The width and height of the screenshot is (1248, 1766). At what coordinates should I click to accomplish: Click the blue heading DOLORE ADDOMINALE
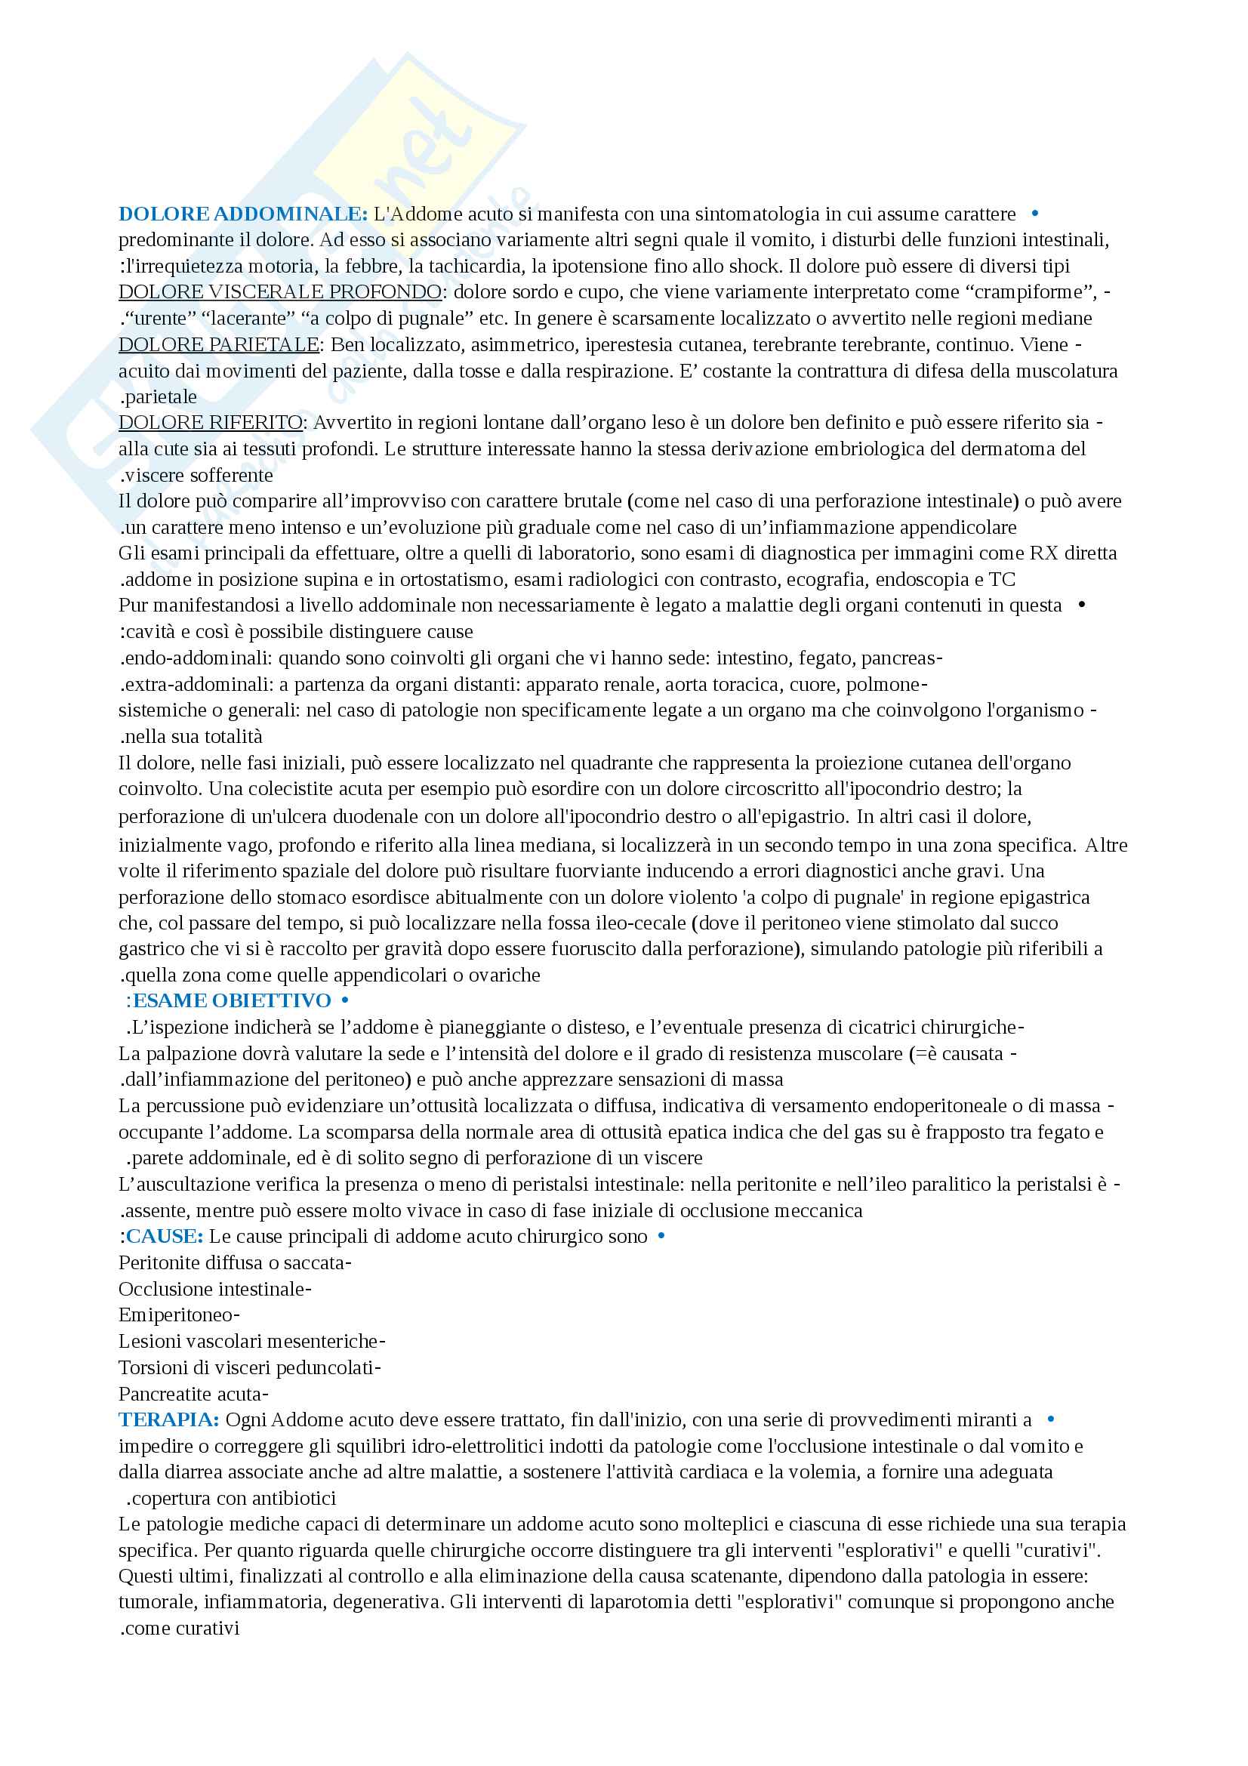click(x=243, y=214)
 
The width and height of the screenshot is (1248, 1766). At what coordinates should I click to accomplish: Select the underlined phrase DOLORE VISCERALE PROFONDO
click(x=280, y=292)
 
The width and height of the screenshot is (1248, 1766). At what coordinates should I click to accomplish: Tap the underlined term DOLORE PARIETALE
click(x=218, y=344)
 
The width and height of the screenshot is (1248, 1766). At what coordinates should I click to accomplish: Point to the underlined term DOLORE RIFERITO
click(x=211, y=422)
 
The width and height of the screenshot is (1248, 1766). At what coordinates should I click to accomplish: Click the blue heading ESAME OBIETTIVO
click(x=233, y=1000)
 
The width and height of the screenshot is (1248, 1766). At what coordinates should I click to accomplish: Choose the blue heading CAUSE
click(x=165, y=1236)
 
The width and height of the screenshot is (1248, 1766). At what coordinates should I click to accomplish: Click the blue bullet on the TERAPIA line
click(x=1051, y=1419)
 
